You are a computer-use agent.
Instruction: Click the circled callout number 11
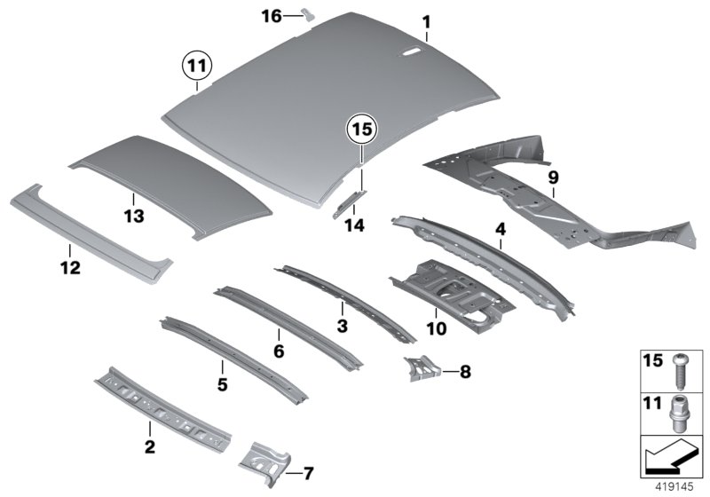pyautogui.click(x=194, y=65)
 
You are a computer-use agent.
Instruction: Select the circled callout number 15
pyautogui.click(x=360, y=131)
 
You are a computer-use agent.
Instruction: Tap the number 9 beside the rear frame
pyautogui.click(x=552, y=177)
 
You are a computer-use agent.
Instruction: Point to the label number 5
pyautogui.click(x=222, y=384)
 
